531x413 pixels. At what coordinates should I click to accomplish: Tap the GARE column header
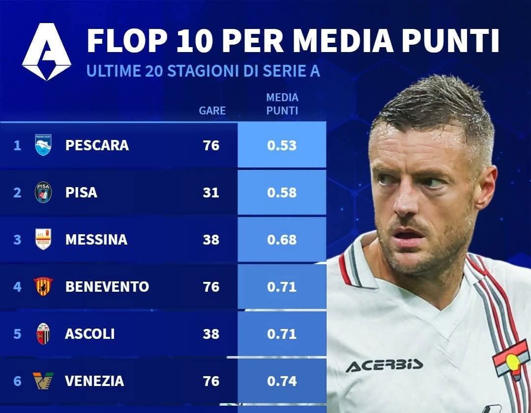[x=212, y=110]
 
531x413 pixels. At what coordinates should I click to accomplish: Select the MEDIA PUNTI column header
[x=282, y=104]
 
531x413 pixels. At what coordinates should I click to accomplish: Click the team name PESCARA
[x=97, y=145]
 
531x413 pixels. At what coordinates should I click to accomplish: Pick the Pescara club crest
[x=43, y=145]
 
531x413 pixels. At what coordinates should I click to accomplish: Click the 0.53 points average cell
[x=282, y=145]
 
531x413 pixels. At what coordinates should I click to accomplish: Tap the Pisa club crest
[x=43, y=193]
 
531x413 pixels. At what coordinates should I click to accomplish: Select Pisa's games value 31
[x=211, y=193]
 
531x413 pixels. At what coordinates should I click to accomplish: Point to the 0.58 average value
[x=282, y=193]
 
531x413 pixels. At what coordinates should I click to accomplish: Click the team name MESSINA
[x=96, y=240]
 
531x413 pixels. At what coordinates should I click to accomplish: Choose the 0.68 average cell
[x=282, y=240]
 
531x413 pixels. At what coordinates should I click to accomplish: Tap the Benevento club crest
[x=43, y=286]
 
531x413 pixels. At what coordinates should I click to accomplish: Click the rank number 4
[x=17, y=287]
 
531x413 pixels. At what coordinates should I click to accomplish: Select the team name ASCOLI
[x=89, y=334]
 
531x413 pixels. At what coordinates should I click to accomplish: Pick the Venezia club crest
[x=43, y=381]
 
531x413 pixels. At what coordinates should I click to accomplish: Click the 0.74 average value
[x=282, y=381]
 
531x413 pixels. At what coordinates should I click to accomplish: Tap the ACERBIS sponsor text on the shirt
[x=384, y=365]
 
